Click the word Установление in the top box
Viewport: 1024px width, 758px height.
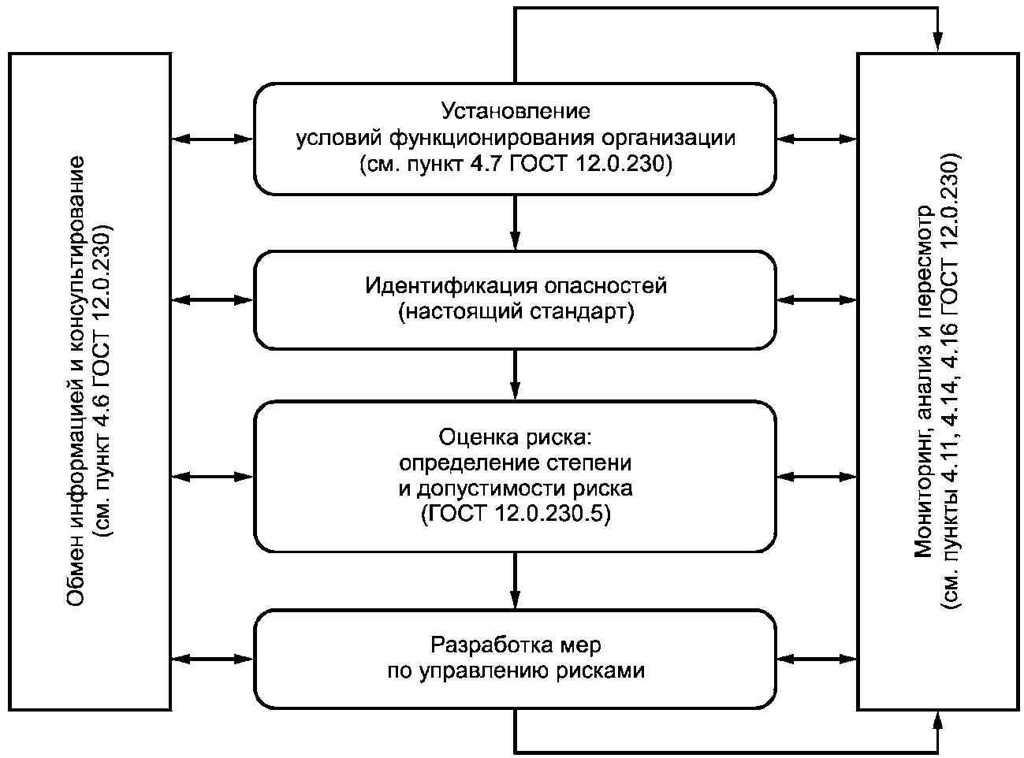pos(516,111)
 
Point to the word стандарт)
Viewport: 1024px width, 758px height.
pos(582,311)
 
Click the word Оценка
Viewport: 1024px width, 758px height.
pos(478,437)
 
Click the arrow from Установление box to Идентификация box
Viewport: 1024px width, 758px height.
pos(516,222)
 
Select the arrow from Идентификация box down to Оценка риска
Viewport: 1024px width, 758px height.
pos(516,374)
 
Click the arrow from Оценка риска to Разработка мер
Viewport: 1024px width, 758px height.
pos(516,581)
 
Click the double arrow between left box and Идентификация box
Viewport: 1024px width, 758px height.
pos(213,300)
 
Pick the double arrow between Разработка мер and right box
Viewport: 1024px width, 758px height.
pos(817,659)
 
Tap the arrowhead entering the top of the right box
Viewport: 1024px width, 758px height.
pos(937,42)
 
